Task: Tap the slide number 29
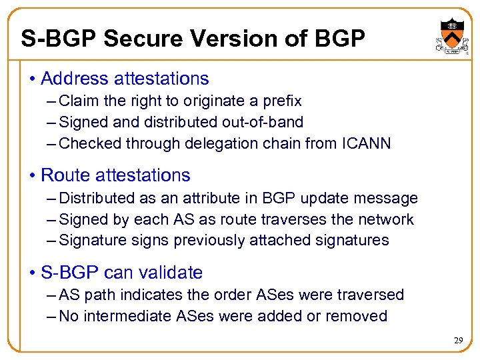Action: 459,341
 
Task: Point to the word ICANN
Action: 368,144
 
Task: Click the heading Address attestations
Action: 125,79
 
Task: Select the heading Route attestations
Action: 115,175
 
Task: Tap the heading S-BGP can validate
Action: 121,273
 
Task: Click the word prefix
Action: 283,101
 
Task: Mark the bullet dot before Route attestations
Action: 33,176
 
